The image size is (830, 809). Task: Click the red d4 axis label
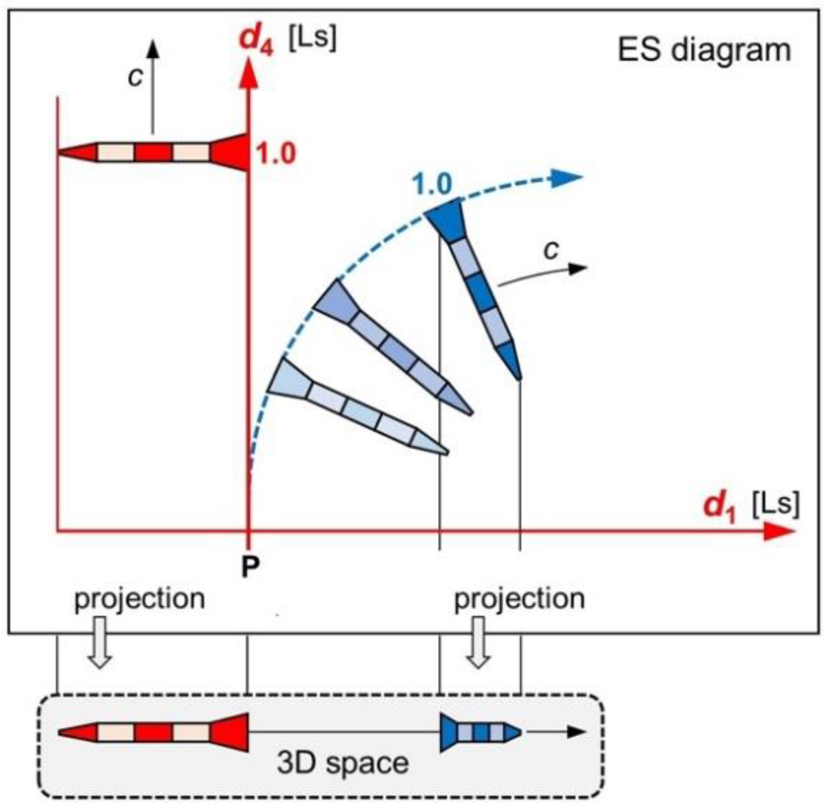256,40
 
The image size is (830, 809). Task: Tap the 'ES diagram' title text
704,51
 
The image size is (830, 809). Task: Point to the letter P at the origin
250,566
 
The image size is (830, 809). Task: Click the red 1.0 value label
275,153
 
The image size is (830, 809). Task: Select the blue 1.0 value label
431,184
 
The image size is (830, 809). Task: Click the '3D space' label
342,763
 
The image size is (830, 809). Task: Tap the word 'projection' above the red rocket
139,599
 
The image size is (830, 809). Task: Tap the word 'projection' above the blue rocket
519,599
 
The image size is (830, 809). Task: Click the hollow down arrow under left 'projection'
99,642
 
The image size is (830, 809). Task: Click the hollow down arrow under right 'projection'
478,642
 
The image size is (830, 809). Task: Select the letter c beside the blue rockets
551,250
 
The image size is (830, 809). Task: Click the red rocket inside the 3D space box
153,732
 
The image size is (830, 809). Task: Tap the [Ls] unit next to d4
312,37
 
